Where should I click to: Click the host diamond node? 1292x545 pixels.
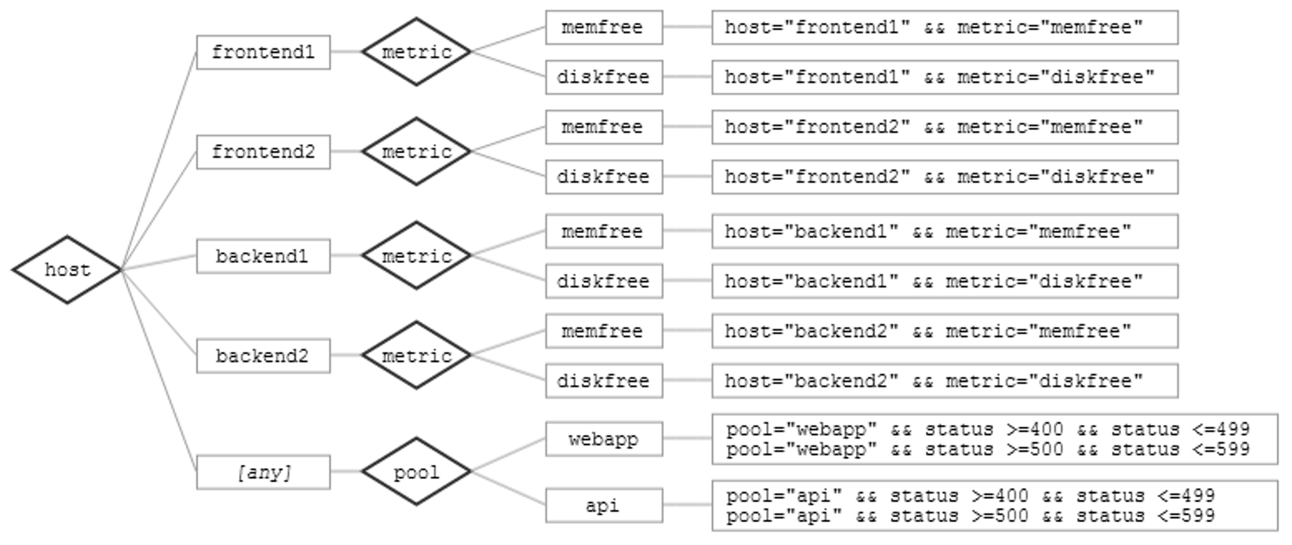point(67,269)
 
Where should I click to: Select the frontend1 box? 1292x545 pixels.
point(263,52)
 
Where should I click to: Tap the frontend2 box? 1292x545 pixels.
point(263,152)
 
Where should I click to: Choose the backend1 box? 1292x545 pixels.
point(263,256)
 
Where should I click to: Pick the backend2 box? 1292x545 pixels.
point(263,356)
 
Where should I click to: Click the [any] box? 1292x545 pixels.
point(263,472)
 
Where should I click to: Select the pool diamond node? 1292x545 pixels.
point(416,471)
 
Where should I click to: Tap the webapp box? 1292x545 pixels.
point(604,439)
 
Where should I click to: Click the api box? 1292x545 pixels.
point(604,505)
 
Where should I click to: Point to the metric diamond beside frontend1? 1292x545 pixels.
point(416,51)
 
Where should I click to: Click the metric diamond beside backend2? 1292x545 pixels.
point(416,355)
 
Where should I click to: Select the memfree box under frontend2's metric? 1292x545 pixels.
point(604,127)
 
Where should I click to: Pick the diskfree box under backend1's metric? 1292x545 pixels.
point(604,281)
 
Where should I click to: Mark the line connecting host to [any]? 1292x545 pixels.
point(158,371)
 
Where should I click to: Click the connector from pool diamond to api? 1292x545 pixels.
point(508,488)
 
